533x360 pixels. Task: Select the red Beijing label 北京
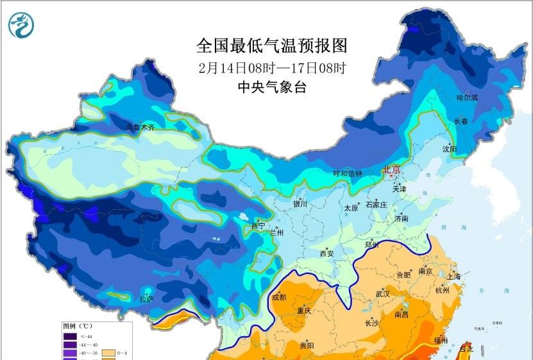click(x=391, y=170)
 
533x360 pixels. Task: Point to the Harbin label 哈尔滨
click(x=467, y=98)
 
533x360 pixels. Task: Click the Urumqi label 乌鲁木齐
click(x=140, y=127)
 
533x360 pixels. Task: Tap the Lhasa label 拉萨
click(x=146, y=298)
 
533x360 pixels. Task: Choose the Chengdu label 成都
click(x=279, y=296)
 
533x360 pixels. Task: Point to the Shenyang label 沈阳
click(x=450, y=149)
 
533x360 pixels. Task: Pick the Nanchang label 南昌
click(x=402, y=314)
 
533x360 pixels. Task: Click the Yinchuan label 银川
click(x=300, y=204)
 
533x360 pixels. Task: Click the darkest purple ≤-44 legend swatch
click(x=69, y=336)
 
